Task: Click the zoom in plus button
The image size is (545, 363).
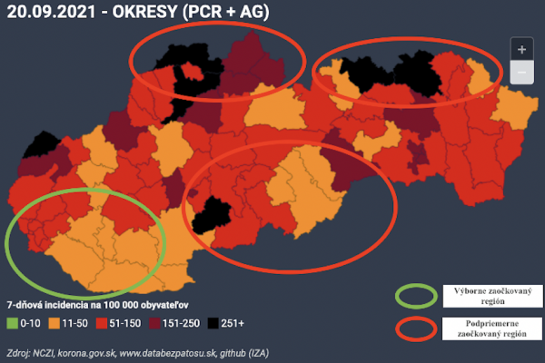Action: coord(520,50)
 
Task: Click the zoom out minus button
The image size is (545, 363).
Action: coord(520,73)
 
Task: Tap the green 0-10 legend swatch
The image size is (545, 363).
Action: coord(12,322)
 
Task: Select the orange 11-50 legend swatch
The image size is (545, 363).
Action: coord(54,322)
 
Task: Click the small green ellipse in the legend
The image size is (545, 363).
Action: coord(416,295)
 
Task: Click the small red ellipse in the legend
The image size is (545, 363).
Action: coord(416,328)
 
